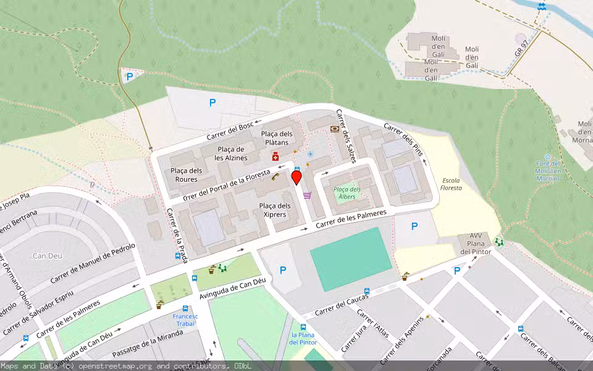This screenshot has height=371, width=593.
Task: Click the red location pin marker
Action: pyautogui.click(x=296, y=178)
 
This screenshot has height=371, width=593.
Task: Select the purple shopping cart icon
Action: pyautogui.click(x=307, y=195)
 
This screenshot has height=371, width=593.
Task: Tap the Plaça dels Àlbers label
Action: pyautogui.click(x=347, y=193)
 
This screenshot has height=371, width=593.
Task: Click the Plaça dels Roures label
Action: pyautogui.click(x=186, y=175)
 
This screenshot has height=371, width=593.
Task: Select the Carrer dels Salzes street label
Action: pyautogui.click(x=346, y=136)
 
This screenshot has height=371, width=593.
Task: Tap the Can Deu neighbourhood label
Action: pyautogui.click(x=46, y=256)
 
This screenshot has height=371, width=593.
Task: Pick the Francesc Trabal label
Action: pyautogui.click(x=185, y=320)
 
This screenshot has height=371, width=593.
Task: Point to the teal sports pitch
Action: pyautogui.click(x=350, y=258)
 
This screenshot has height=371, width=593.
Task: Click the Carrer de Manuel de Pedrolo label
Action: pyautogui.click(x=93, y=263)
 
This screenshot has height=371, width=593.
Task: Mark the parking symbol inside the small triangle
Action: pyautogui.click(x=130, y=77)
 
